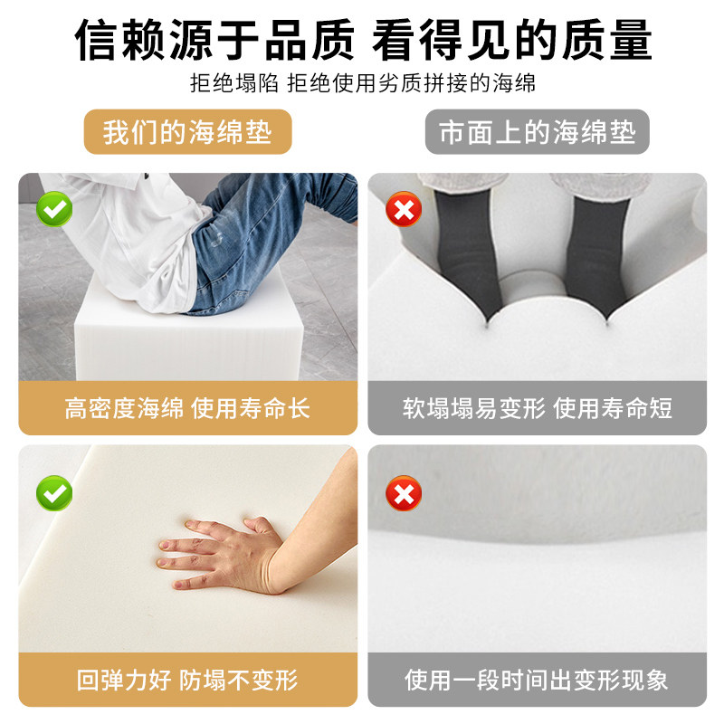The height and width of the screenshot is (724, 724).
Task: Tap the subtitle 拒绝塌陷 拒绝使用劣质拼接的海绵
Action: (x=362, y=84)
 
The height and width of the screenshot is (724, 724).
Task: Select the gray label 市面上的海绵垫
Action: (x=538, y=132)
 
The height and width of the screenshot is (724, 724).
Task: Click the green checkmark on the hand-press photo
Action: (x=55, y=492)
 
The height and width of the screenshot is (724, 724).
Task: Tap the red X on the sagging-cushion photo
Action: (x=404, y=492)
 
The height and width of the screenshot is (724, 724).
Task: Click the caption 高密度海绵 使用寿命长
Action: (x=187, y=408)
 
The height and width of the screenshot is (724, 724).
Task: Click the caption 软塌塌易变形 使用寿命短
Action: (x=538, y=408)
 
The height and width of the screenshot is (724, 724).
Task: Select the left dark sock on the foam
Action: (x=471, y=244)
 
